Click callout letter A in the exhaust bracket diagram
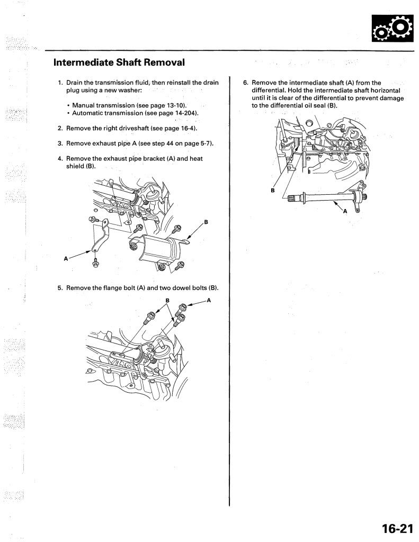[x=66, y=259]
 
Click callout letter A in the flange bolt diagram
[x=209, y=300]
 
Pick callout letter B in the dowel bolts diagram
[x=167, y=301]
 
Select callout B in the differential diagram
[x=273, y=191]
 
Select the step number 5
[x=60, y=288]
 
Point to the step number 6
[x=245, y=83]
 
